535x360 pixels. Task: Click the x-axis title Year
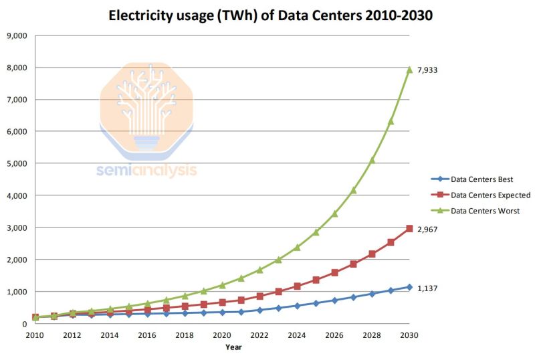tap(233, 347)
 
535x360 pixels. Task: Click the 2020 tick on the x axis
tap(222, 335)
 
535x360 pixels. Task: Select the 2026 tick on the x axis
tap(334, 335)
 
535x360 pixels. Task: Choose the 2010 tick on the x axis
tap(35, 335)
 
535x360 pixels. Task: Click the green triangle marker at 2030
tap(409, 70)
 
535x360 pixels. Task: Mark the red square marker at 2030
tap(409, 229)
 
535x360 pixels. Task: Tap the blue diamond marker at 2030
tap(409, 287)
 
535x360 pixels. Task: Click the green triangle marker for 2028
tap(372, 160)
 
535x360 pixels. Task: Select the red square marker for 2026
tap(334, 273)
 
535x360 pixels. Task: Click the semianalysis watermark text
tap(146, 171)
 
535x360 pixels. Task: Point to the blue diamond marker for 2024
tap(297, 306)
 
